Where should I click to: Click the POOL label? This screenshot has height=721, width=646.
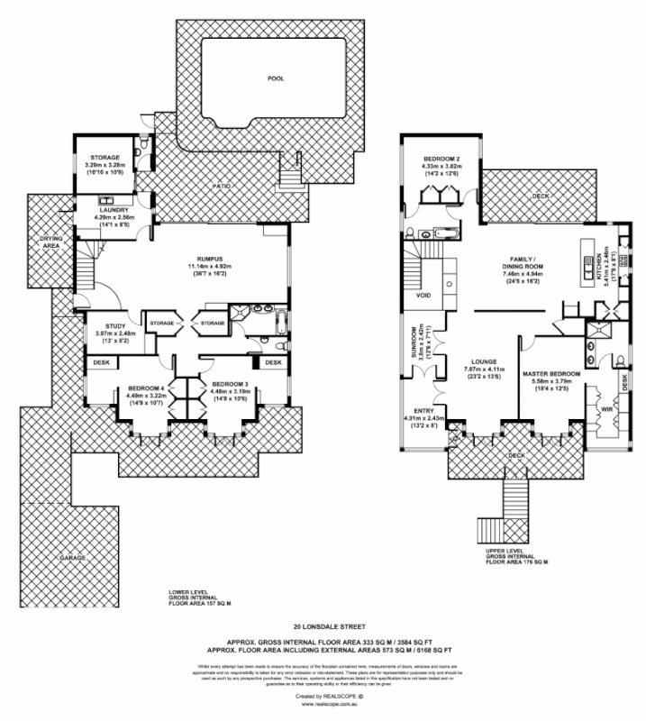[276, 78]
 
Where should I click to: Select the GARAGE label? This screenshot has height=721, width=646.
[73, 558]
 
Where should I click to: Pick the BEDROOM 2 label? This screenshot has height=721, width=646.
[441, 158]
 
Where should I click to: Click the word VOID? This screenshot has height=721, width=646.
[423, 295]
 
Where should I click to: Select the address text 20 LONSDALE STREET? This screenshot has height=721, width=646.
[326, 624]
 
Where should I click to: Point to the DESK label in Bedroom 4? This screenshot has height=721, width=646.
[98, 362]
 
